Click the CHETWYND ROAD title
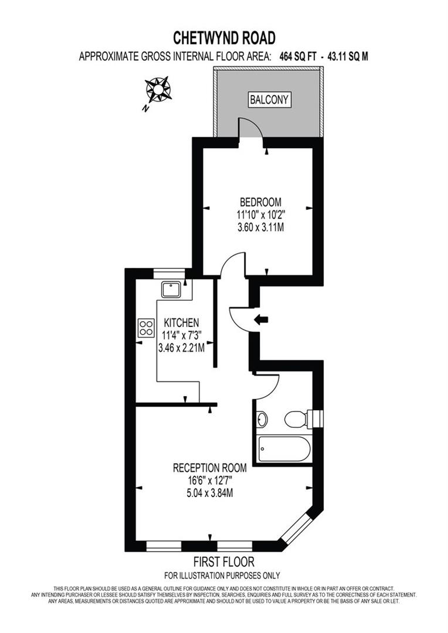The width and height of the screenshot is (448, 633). (224, 38)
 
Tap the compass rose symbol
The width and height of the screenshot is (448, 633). (158, 90)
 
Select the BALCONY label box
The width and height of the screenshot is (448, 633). (269, 100)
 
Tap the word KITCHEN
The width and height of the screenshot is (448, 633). (181, 323)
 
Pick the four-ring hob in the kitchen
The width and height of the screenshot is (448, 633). (145, 328)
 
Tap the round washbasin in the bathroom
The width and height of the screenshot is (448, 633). (262, 419)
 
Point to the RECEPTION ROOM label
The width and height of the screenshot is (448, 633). (210, 468)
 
